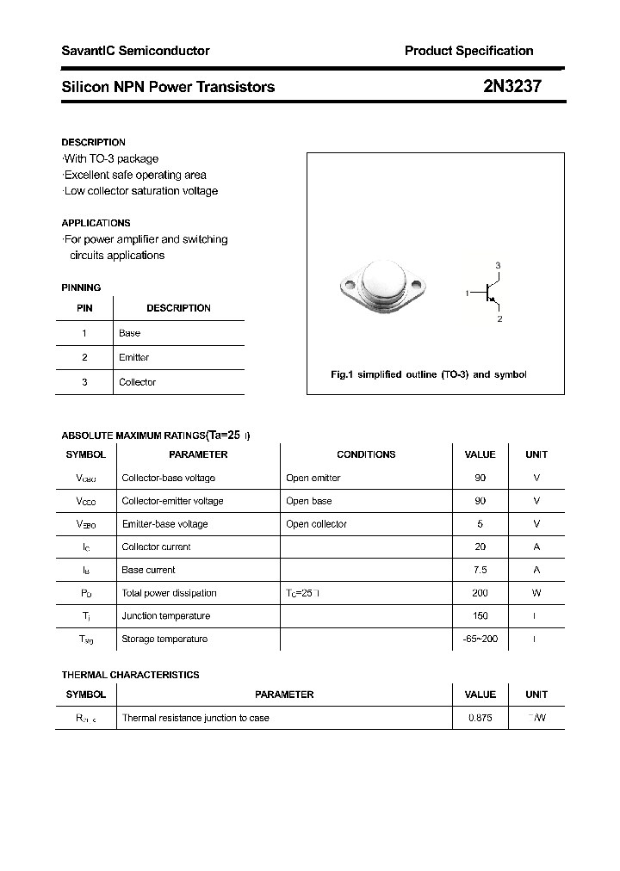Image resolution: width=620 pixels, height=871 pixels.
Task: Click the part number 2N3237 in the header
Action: (512, 87)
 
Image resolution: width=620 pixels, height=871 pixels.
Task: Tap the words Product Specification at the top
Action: (468, 51)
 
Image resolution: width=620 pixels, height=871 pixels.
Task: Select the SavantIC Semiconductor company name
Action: (135, 51)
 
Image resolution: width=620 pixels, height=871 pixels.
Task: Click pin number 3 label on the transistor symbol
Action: (498, 265)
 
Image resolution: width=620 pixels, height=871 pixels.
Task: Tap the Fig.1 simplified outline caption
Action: (428, 375)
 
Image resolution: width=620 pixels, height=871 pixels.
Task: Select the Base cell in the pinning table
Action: (129, 333)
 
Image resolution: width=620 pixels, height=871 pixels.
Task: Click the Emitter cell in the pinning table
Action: (133, 357)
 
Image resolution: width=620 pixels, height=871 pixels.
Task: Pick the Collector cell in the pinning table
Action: (137, 382)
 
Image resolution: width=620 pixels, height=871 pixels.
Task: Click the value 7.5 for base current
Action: (480, 570)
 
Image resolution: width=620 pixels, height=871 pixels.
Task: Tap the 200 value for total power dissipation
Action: (480, 593)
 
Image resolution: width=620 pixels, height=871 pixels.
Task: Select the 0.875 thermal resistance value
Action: (480, 718)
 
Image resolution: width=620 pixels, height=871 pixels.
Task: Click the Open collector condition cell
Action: (316, 524)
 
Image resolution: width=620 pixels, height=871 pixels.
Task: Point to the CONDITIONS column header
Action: (366, 454)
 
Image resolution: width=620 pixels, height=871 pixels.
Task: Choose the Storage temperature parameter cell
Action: (164, 639)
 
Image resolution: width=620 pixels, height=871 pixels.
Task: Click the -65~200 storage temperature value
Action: (480, 639)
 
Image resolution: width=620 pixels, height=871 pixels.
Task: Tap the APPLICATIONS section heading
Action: (96, 223)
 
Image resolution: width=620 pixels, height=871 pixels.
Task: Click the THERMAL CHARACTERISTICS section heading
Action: (130, 675)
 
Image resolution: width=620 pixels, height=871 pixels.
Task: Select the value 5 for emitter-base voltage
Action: (480, 524)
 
